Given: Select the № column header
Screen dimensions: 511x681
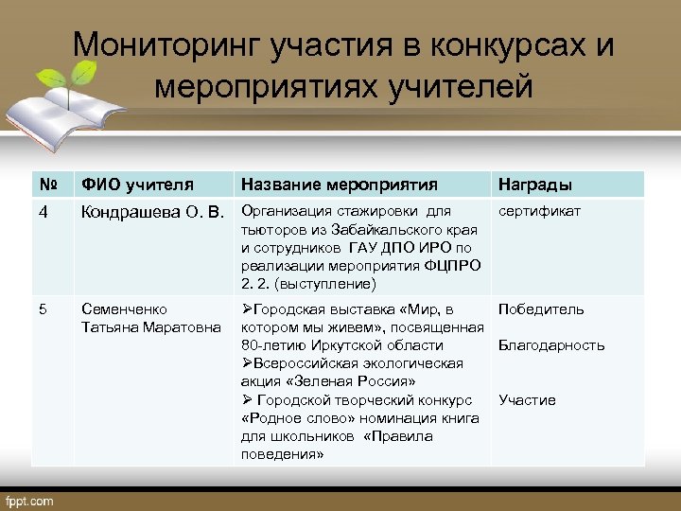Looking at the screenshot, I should pos(46,185).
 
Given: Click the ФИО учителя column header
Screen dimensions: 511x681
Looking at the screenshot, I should pos(137,185).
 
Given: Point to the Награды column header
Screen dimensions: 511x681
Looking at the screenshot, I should pos(534,185).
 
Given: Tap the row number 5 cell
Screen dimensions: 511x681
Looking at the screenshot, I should pos(44,309).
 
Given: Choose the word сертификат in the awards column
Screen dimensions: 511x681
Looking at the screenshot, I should pos(539,211).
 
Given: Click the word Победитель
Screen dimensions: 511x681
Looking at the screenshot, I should pos(541,309).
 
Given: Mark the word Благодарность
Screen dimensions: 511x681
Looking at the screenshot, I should pos(551,345).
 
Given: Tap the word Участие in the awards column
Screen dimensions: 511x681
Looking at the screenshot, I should pos(527,400).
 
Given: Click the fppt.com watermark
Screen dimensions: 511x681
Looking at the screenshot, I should pos(31,501).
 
